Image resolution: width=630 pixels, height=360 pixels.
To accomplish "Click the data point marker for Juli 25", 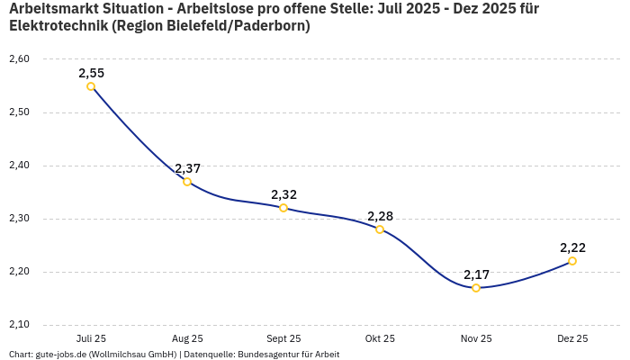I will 91,86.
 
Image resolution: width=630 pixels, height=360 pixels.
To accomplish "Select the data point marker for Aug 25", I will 187,182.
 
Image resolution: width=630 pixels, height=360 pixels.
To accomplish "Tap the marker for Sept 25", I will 283,208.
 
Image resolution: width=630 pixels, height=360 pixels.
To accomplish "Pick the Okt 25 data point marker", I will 380,229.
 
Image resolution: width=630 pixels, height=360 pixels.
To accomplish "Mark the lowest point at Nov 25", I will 476,288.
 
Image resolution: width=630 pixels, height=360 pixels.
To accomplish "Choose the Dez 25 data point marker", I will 572,261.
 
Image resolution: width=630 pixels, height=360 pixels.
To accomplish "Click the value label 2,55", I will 91,73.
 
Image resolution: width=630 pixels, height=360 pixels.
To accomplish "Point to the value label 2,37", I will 187,168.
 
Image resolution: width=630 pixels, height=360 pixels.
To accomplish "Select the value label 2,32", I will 283,194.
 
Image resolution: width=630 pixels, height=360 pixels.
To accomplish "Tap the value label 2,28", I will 380,216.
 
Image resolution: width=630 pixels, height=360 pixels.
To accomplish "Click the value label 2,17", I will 476,274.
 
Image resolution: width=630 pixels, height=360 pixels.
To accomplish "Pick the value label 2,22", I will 572,247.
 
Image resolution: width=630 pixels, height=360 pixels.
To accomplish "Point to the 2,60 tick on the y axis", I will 19,59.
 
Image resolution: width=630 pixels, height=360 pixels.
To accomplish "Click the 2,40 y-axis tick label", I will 19,166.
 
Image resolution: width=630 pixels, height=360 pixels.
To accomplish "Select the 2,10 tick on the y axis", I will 19,325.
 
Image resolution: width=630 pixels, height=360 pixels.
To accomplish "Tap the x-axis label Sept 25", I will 283,338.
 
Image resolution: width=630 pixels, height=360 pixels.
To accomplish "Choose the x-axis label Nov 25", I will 476,338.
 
